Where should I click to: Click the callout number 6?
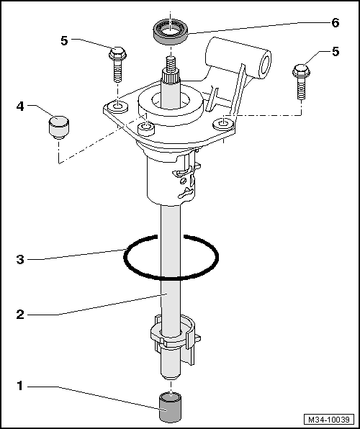(x=335, y=23)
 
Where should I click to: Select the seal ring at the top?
(x=171, y=30)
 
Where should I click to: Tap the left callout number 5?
(x=64, y=41)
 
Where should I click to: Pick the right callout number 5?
(x=336, y=52)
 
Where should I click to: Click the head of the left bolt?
(x=117, y=53)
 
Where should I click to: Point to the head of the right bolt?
(x=301, y=71)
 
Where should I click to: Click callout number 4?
(x=20, y=107)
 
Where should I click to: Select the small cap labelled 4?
(x=59, y=127)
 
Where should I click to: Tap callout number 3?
(x=20, y=259)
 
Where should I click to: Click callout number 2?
(x=20, y=315)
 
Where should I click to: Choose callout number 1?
(x=19, y=387)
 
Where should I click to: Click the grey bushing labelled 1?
(x=171, y=407)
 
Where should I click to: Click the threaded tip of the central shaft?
(x=171, y=63)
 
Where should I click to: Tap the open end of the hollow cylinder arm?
(x=264, y=65)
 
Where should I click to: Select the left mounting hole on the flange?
(x=118, y=107)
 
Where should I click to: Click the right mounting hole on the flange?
(x=224, y=123)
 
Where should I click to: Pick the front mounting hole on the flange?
(x=146, y=128)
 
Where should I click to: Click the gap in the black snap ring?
(x=171, y=237)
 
